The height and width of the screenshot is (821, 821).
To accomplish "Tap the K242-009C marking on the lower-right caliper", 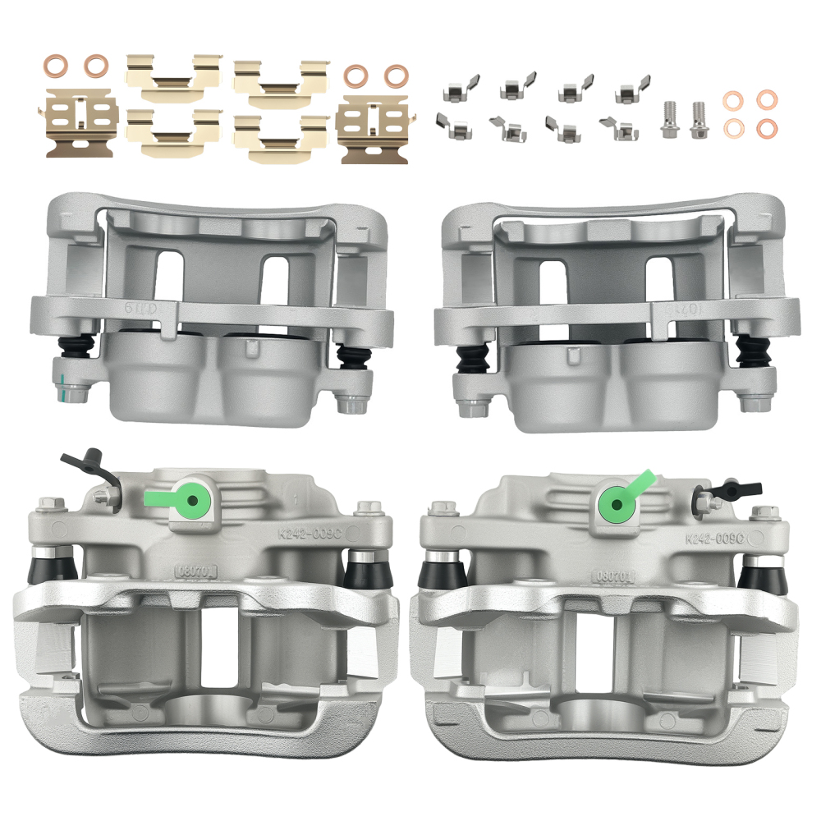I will point(714,539).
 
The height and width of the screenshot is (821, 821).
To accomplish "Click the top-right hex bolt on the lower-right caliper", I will point(764,514).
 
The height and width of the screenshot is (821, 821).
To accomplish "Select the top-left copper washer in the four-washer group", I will point(732,100).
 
